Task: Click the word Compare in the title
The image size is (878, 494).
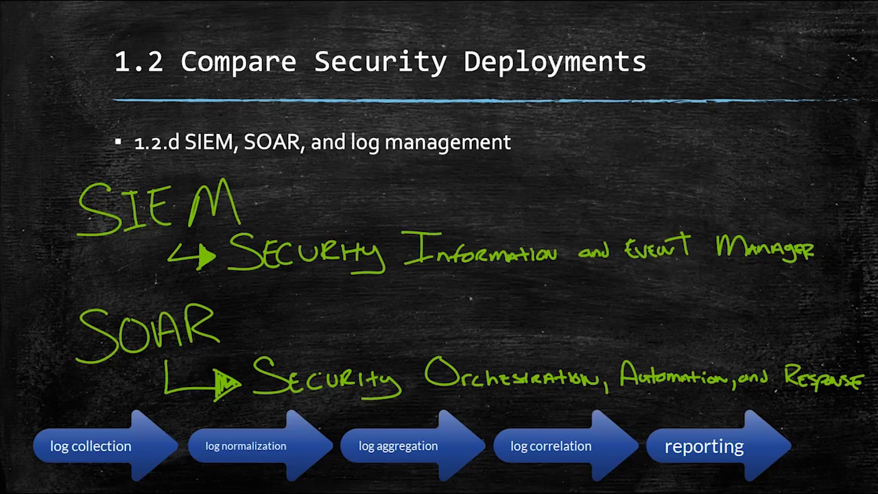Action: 238,62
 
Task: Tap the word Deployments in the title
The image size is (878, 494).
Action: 555,62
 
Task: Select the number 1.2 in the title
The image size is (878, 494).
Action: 139,62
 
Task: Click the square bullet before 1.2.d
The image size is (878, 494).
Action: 118,141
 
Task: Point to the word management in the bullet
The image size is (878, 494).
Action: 448,142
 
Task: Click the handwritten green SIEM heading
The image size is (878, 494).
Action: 158,207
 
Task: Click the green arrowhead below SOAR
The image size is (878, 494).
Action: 226,385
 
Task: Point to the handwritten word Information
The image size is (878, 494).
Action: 479,249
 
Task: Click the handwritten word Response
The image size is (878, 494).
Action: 824,377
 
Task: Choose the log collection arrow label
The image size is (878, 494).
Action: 91,447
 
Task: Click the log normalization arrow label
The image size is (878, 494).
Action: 246,446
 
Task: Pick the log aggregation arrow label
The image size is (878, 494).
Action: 399,446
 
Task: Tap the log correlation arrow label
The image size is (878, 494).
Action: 551,446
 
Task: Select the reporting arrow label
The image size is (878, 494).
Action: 704,447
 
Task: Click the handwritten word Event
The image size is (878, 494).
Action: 658,246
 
